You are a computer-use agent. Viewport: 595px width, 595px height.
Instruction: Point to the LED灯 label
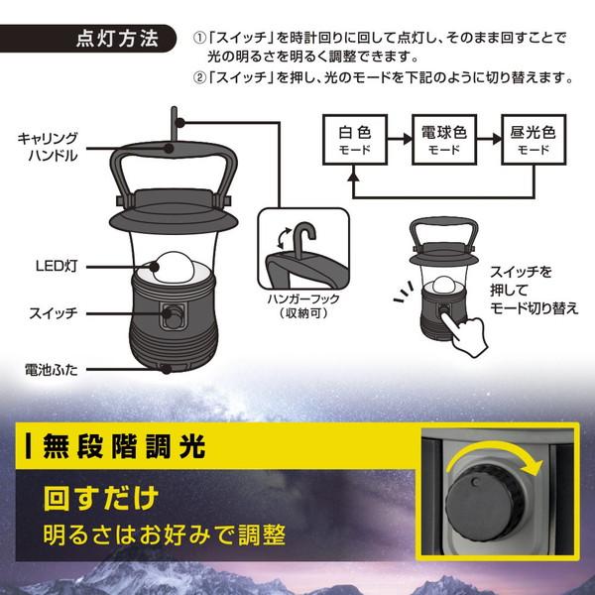pos(49,265)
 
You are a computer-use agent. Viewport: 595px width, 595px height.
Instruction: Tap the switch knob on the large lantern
pos(173,319)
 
